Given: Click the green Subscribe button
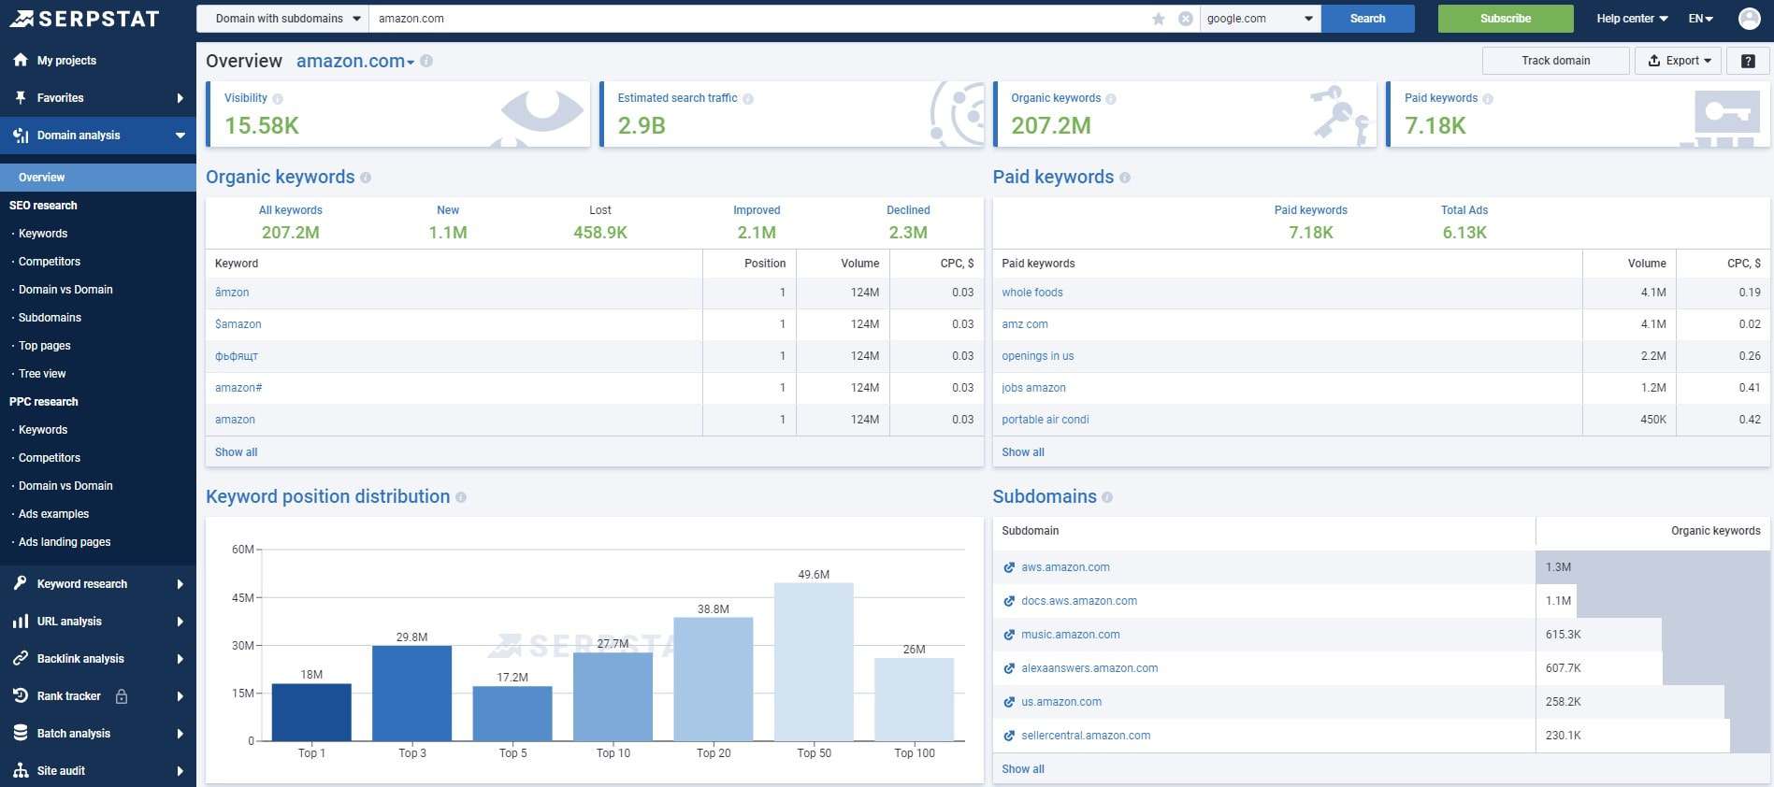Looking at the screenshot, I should pos(1505,19).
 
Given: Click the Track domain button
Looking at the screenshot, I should pos(1555,61).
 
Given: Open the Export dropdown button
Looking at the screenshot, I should pos(1679,61).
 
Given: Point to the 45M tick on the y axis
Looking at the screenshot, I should pos(242,598).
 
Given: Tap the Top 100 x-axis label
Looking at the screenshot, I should pos(914,753).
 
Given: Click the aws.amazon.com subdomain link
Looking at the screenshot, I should pos(1065,567).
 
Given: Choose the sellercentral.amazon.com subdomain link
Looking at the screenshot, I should pos(1086,736).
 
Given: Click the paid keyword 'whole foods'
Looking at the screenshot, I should pos(1032,293).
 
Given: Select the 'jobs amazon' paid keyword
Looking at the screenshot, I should pos(1033,388).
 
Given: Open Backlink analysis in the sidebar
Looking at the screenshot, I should pos(80,659).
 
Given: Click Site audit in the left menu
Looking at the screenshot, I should pos(61,771).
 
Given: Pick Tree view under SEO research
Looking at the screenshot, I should pos(42,374).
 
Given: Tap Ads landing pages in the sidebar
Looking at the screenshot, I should pos(65,542).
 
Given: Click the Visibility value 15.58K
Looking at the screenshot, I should pos(262,126).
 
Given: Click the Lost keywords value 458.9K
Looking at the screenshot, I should pos(600,233).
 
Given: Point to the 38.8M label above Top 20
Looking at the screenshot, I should pos(713,609).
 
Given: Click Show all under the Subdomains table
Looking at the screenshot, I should pos(1023,769).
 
